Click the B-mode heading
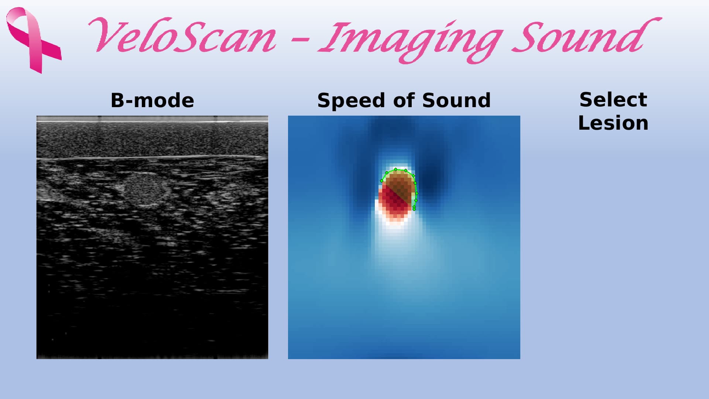click(x=153, y=100)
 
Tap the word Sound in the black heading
click(x=456, y=100)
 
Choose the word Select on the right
click(x=613, y=100)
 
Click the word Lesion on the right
click(x=613, y=123)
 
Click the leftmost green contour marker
click(x=381, y=181)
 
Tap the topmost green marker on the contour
click(x=395, y=170)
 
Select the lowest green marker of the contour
click(x=414, y=209)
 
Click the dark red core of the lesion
click(x=394, y=202)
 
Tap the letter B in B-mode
click(x=118, y=100)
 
